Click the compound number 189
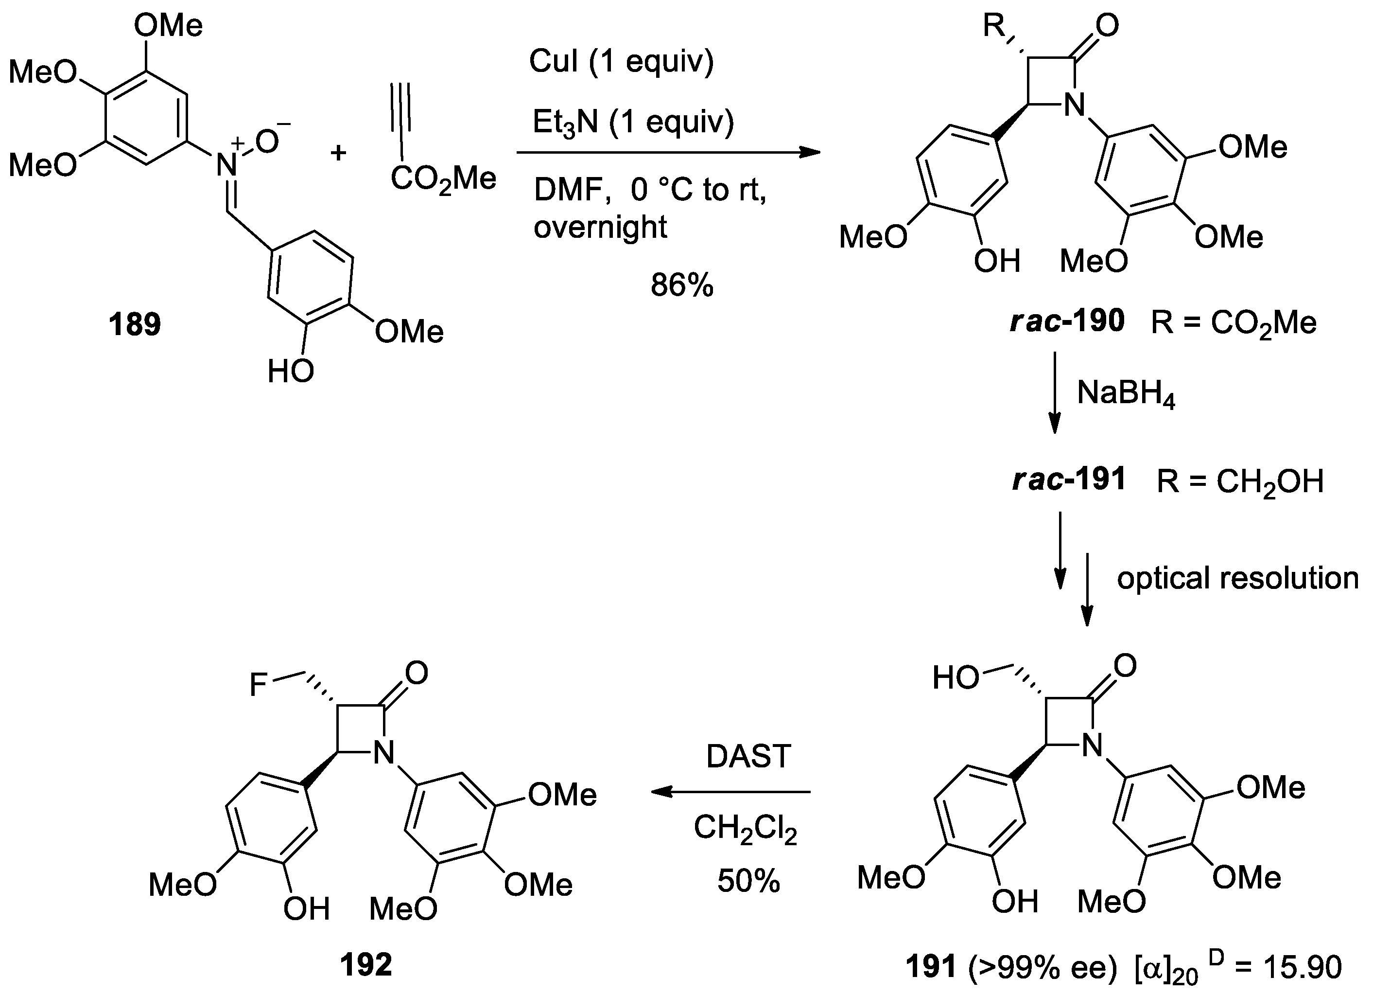click(135, 324)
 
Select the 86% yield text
click(682, 284)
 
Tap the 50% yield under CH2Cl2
click(748, 881)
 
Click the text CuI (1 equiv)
click(621, 61)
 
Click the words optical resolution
click(1237, 578)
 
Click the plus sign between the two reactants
click(338, 153)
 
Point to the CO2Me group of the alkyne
click(443, 179)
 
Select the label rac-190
click(1067, 321)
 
